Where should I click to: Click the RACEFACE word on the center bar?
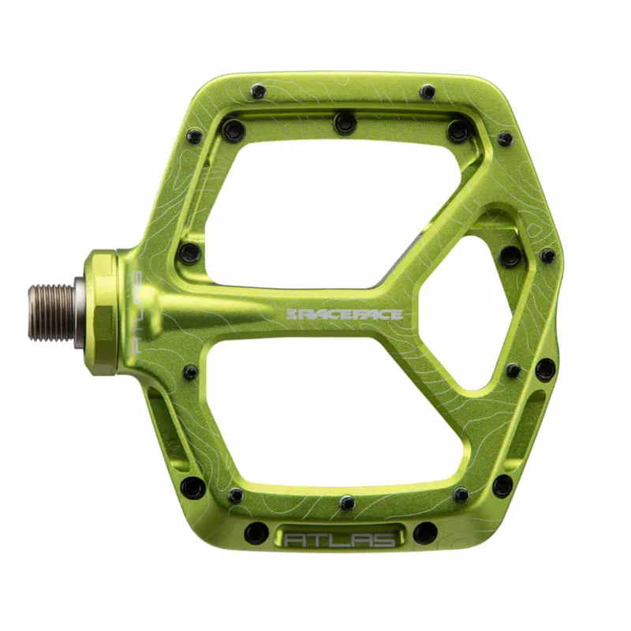352,315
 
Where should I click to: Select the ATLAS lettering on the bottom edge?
340,540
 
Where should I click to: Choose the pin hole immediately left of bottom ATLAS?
255,532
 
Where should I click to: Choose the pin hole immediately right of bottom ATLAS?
425,532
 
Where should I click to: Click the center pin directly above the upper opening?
344,122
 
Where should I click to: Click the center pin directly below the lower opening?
347,502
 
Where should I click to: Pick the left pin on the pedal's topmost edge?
258,91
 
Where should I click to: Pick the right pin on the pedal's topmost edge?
428,91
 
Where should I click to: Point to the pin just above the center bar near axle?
189,253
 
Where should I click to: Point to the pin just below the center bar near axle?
191,372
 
